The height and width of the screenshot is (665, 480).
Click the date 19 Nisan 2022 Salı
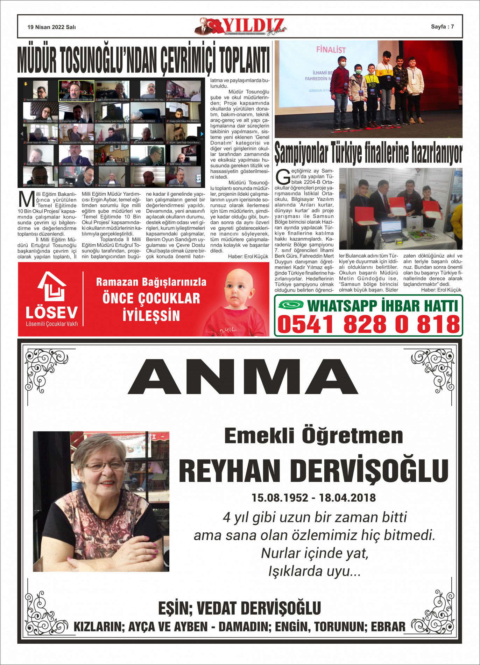point(51,27)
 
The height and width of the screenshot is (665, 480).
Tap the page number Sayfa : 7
point(442,27)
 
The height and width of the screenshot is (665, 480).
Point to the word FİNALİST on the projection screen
point(331,50)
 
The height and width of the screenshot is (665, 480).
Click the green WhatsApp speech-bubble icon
point(291,304)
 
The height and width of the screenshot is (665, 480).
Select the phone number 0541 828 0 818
point(368,324)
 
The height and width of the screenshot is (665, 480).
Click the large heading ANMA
point(243,377)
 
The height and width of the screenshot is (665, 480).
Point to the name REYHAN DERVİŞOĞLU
point(313,471)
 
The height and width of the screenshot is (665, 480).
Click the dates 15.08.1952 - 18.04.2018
point(313,498)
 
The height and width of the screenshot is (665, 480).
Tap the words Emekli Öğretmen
point(313,436)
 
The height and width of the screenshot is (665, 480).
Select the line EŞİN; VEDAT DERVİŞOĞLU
point(239,608)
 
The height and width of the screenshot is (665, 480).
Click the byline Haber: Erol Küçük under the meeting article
point(248,257)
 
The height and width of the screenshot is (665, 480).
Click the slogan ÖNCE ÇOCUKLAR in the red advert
point(151,299)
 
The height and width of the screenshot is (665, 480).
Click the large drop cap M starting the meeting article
point(26,200)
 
